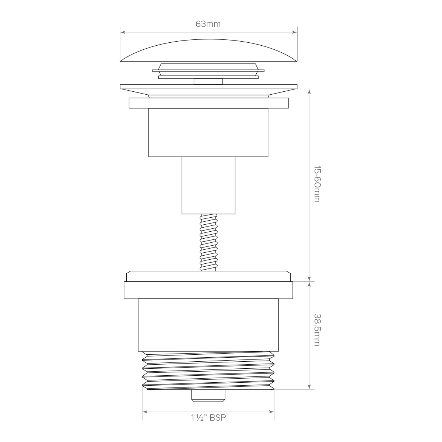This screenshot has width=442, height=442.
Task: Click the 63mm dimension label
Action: coord(208,24)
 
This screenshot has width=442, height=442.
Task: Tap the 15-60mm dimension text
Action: coord(317,184)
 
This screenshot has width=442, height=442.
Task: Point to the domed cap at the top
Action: coord(208,50)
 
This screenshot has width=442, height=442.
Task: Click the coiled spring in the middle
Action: coord(208,242)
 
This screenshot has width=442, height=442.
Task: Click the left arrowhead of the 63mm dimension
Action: coord(123,32)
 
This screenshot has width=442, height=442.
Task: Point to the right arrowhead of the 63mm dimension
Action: coord(295,32)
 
